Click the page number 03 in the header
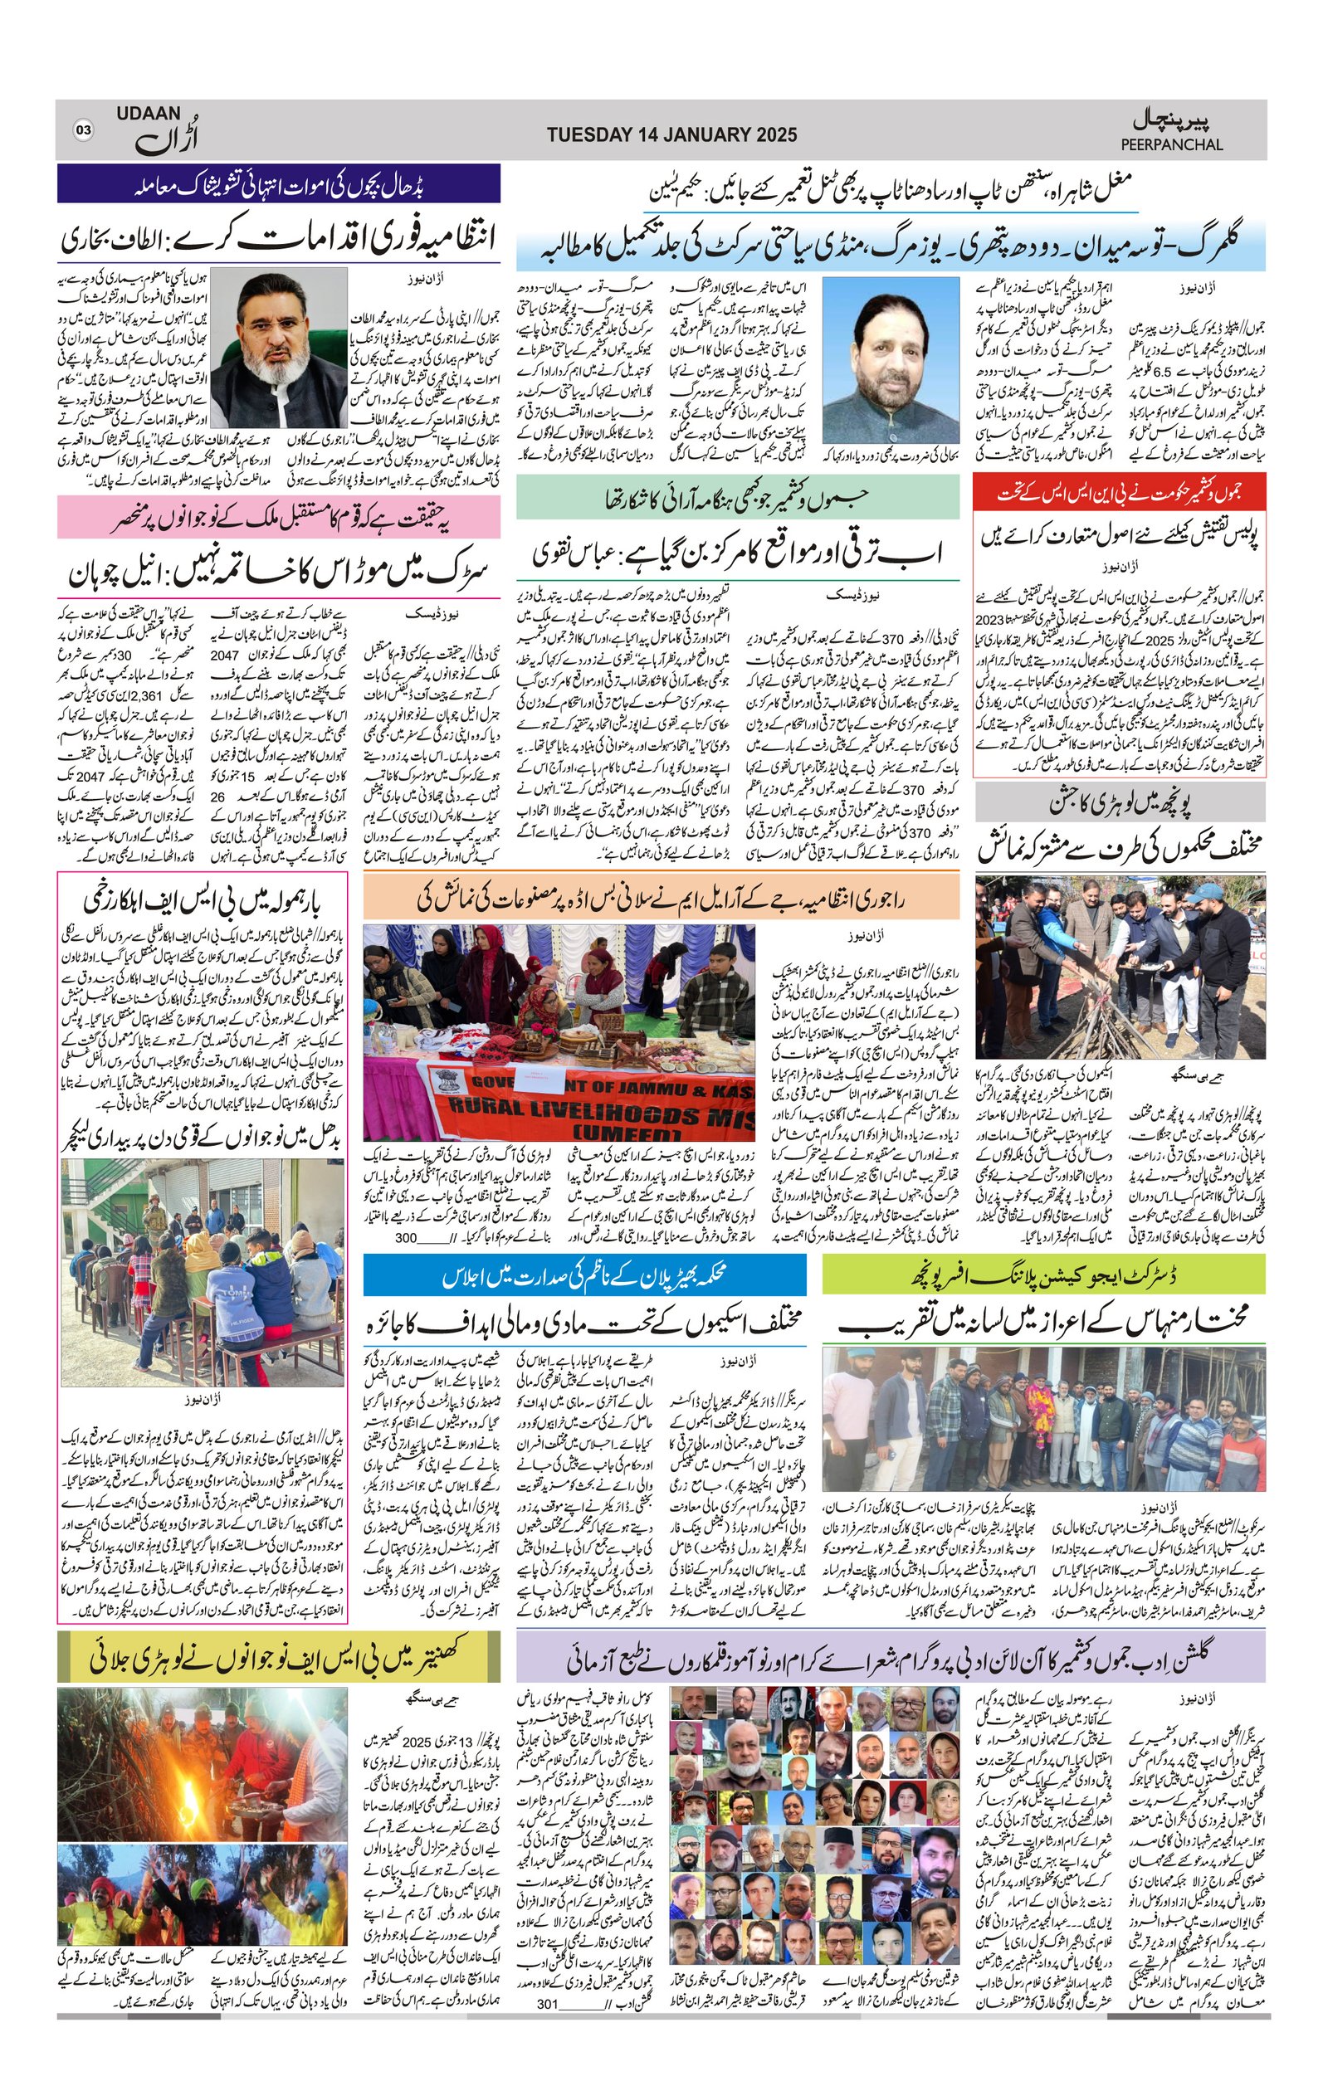tap(83, 130)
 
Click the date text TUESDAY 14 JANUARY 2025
tap(671, 134)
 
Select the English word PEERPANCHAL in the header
tap(1171, 144)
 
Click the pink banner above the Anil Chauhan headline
tap(278, 518)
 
